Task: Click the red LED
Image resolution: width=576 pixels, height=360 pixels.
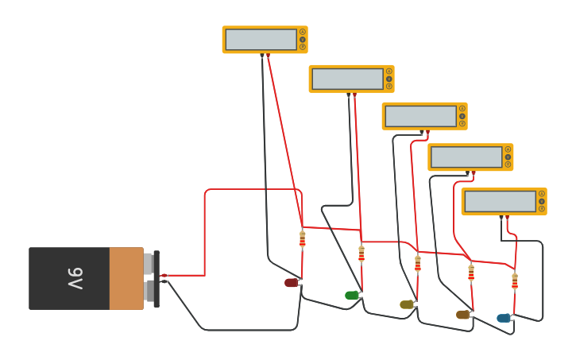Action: coord(292,283)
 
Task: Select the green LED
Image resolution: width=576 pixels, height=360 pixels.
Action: coord(352,296)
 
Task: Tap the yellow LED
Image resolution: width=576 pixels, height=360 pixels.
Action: coord(407,304)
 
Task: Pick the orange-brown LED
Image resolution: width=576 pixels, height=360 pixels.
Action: coord(463,315)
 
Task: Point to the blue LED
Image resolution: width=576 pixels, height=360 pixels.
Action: coord(504,318)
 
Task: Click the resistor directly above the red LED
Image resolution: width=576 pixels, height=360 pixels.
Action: coord(302,238)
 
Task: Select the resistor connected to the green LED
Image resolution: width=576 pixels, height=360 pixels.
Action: coord(361,254)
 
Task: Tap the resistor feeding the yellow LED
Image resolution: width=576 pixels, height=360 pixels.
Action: coord(418,263)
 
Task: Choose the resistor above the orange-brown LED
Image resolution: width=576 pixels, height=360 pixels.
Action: coord(471,273)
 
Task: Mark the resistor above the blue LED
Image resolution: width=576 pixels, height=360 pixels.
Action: coord(515,281)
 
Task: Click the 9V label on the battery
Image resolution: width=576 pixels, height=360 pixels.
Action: coord(75,278)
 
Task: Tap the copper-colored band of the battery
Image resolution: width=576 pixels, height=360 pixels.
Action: coord(126,278)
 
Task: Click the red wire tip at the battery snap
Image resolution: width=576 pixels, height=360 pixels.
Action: coord(164,276)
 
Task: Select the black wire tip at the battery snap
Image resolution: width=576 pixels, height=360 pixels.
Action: coord(164,282)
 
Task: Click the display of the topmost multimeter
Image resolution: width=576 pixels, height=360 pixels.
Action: coord(261,40)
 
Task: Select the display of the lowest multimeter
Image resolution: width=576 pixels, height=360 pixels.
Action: coord(501,201)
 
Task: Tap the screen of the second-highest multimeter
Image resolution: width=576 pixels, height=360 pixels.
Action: coord(348,79)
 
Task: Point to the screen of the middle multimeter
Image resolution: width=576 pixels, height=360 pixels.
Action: coord(421,116)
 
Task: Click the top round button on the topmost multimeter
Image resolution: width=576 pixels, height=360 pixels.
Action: coord(303,32)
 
